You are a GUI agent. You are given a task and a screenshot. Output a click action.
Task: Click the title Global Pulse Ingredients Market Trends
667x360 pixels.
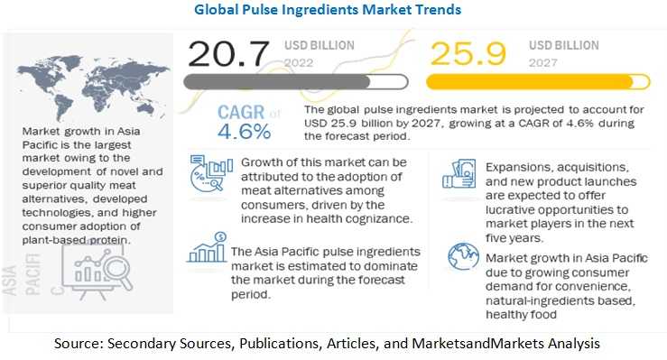[x=328, y=9]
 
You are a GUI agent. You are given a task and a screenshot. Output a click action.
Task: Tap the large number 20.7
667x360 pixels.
[x=228, y=54]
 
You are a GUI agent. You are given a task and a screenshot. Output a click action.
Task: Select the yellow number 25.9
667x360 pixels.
[x=468, y=54]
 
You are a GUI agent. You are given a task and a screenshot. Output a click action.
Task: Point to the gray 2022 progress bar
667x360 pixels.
[x=296, y=81]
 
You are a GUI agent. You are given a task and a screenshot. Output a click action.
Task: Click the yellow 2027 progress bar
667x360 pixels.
[x=538, y=81]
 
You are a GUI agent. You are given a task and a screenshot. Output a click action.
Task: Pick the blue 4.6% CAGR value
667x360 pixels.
[x=245, y=132]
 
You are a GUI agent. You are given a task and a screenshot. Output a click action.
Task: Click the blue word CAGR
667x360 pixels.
[x=241, y=112]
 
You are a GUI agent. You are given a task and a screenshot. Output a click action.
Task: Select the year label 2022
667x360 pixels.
[x=299, y=63]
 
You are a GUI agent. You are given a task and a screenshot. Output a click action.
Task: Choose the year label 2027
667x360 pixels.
[x=542, y=63]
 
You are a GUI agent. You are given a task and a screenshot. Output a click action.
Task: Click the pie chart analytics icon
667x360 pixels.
[x=211, y=173]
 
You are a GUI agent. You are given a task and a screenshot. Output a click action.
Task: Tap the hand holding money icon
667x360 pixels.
[x=459, y=174]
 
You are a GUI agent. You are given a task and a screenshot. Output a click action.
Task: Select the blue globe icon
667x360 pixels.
[x=463, y=256]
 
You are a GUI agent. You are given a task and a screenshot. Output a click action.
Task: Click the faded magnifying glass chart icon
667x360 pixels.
[x=97, y=272]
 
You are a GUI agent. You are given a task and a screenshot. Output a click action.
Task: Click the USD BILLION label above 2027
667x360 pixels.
[x=563, y=45]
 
